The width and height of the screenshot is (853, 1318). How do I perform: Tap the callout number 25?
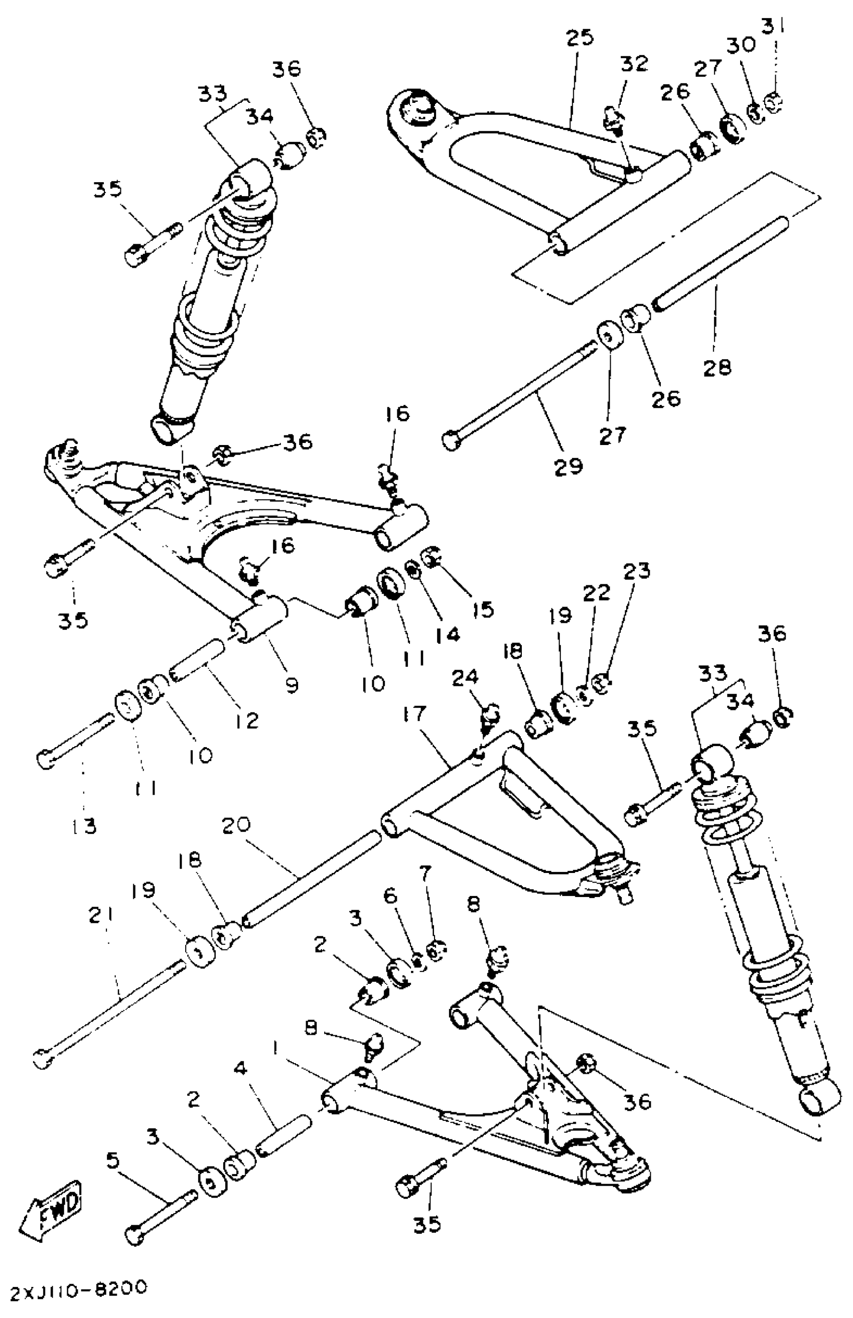click(580, 37)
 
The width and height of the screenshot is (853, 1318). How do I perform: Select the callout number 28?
click(718, 368)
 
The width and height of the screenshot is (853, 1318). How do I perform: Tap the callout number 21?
click(101, 916)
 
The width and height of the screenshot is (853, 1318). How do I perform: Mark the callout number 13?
click(84, 826)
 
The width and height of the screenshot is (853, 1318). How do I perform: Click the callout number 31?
click(774, 25)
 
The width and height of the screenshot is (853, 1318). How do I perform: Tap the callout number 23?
click(636, 571)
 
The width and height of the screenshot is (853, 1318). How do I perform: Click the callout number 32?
click(634, 63)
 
